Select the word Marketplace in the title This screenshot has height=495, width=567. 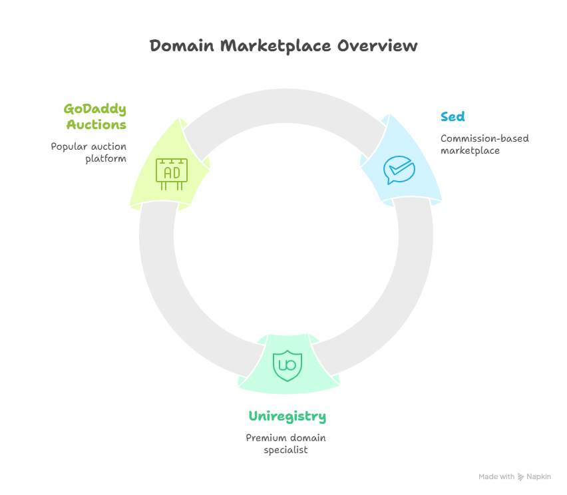(275, 46)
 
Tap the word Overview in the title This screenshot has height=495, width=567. (377, 46)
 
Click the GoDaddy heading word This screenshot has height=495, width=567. (95, 108)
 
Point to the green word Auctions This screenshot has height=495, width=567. (96, 124)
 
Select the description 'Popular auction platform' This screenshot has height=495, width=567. (89, 152)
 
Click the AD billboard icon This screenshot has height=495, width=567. (172, 172)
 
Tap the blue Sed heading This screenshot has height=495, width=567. (453, 117)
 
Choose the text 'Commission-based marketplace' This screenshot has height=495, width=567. (484, 144)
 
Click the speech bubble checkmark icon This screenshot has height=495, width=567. (399, 170)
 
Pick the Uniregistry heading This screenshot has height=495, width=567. (287, 416)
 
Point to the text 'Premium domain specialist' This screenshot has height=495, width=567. (285, 444)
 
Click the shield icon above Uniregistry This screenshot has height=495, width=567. (287, 365)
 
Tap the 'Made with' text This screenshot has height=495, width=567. (496, 477)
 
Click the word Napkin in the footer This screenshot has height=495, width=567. (539, 477)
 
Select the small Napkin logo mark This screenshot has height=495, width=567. (520, 477)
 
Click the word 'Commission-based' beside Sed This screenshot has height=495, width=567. (484, 138)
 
